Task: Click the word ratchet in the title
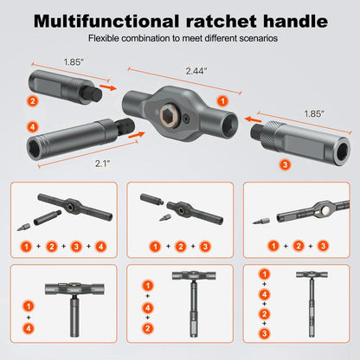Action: pos(222,21)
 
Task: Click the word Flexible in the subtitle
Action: pos(104,38)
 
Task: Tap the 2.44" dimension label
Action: pos(196,71)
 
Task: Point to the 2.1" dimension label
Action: pos(103,164)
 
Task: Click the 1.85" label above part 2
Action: pos(74,61)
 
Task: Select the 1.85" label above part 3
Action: pos(314,113)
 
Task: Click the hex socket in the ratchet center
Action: pos(170,115)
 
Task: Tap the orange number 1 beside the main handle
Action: pos(222,101)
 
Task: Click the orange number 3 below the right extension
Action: pos(285,164)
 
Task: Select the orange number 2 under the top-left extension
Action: pos(33,101)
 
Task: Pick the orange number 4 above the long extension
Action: pos(33,127)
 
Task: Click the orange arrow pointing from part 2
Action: pos(108,87)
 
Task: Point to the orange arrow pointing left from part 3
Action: pos(253,119)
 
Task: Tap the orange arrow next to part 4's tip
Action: pos(137,134)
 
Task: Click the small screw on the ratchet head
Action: pos(187,118)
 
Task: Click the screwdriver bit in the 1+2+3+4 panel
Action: pos(22,227)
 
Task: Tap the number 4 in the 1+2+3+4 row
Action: pos(100,247)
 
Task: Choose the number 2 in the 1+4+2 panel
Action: pos(148,328)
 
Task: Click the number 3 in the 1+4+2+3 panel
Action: pos(265,333)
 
